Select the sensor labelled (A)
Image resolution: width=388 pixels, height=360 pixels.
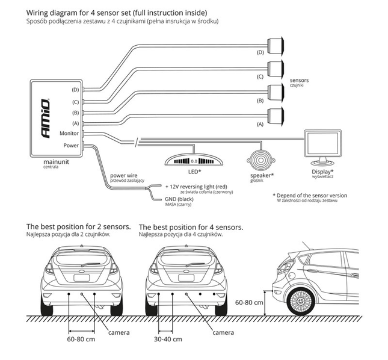pos(276,114)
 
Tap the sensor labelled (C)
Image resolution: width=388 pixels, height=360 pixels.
pos(276,67)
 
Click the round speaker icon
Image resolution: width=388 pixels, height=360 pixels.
pos(260,161)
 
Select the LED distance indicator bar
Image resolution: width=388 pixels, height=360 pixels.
pos(194,161)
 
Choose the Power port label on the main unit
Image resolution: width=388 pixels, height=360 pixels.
pos(70,145)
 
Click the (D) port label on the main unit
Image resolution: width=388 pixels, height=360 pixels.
pos(75,90)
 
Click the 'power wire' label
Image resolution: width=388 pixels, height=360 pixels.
pos(124,176)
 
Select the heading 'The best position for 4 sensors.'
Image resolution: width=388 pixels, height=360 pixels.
pos(191,227)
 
